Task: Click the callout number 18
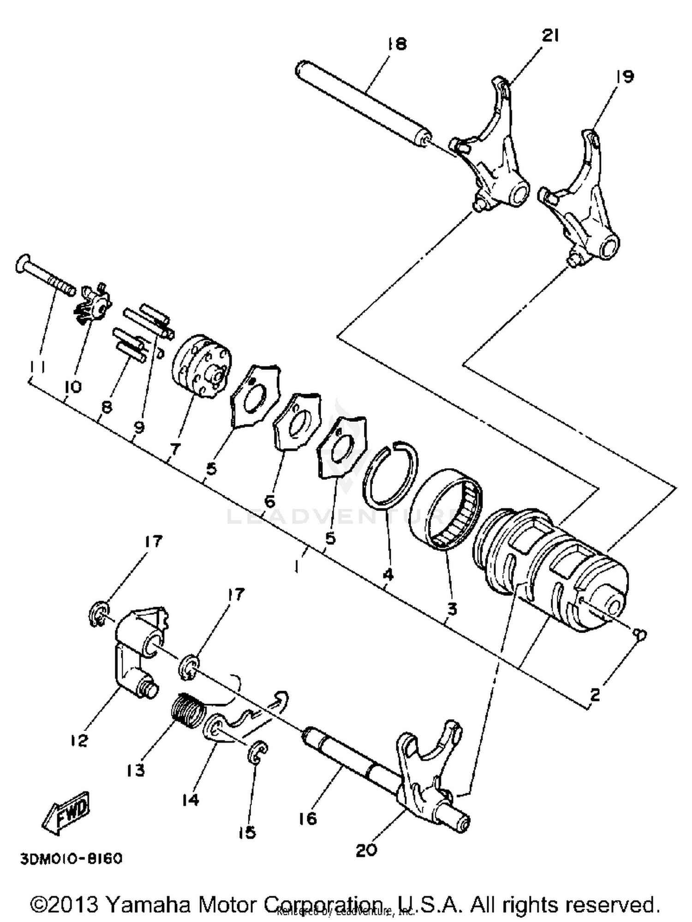[397, 44]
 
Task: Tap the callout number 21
[550, 36]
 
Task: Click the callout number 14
[190, 799]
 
